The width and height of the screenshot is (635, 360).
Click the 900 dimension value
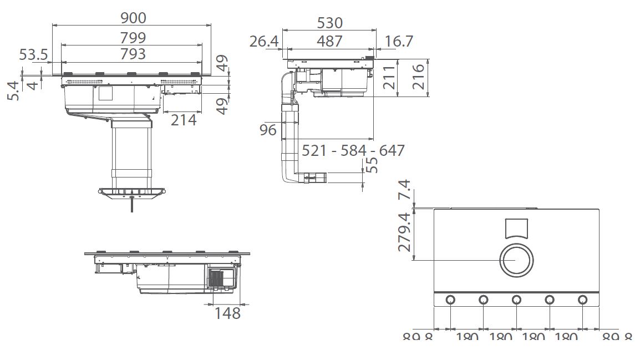coord(134,18)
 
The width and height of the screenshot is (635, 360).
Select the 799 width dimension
coord(133,37)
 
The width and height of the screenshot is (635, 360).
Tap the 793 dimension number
coord(133,53)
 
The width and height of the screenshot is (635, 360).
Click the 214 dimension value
coord(184,119)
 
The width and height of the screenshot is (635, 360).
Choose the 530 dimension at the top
coord(329,23)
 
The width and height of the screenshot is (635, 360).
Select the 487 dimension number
coord(329,41)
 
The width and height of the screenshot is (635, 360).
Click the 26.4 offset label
coord(263,41)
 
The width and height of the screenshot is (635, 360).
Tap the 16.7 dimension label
coord(398,41)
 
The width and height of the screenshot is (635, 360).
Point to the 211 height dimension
coord(389,77)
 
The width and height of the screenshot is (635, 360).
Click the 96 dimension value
coord(268,130)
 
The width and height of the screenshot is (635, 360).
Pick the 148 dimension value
coord(228,313)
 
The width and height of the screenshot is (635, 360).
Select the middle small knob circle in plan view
coord(516,300)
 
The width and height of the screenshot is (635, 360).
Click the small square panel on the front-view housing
coord(105,93)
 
